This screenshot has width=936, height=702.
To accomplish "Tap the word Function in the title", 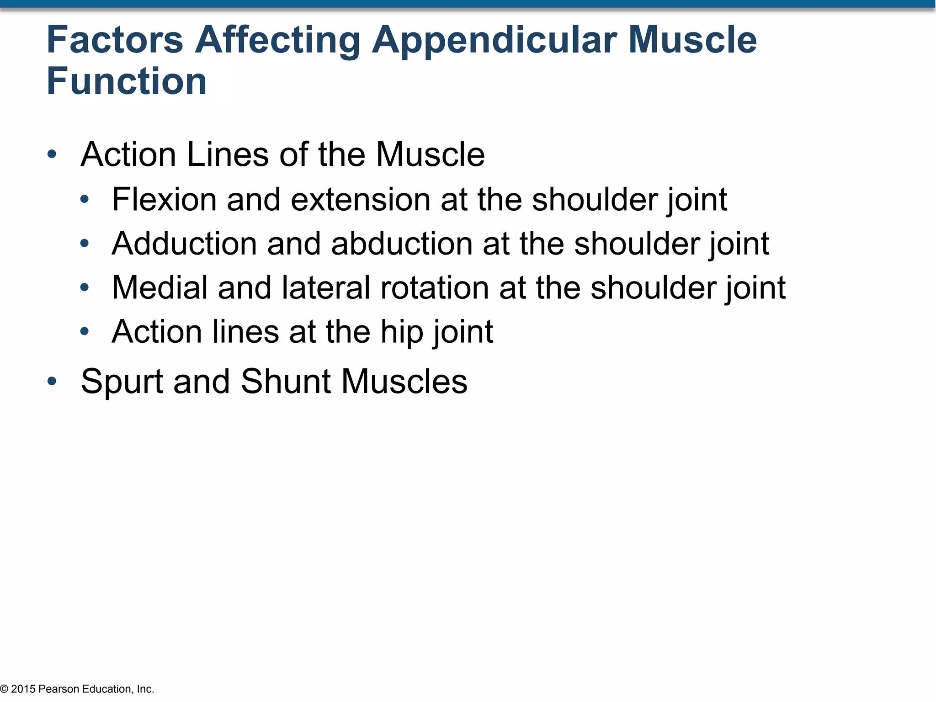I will [x=127, y=81].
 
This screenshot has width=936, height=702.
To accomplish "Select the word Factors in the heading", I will [x=115, y=40].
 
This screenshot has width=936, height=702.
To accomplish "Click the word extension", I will [x=360, y=200].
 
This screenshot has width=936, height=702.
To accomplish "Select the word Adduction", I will [x=184, y=244].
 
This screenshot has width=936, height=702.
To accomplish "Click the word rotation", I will [x=435, y=287].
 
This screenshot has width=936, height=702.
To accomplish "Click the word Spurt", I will [x=122, y=382].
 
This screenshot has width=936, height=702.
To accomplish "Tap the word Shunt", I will [x=286, y=381].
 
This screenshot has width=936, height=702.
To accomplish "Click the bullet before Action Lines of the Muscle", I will [x=52, y=154].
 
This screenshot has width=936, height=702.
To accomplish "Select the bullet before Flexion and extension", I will [x=85, y=199].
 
